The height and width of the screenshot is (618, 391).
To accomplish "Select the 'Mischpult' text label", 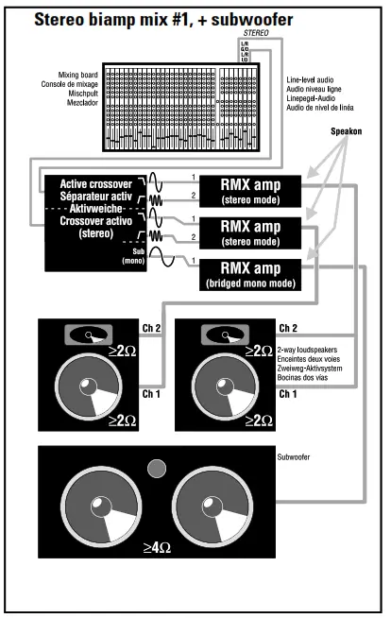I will point(79,94).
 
